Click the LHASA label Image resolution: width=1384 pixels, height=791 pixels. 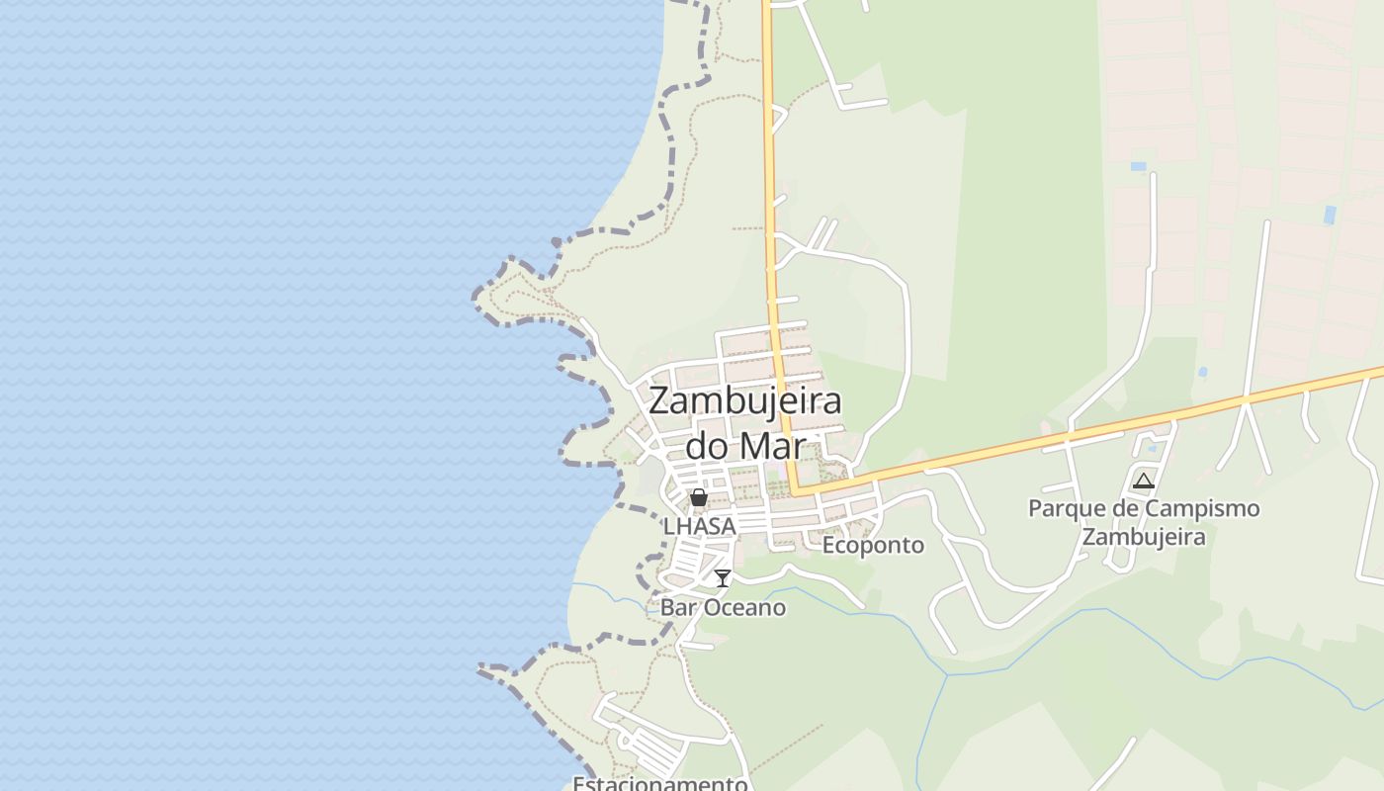tap(700, 526)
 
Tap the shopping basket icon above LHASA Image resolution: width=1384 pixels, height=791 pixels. tap(699, 497)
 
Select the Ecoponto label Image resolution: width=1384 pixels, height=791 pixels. tap(873, 545)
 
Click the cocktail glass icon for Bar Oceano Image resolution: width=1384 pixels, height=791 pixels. tap(723, 577)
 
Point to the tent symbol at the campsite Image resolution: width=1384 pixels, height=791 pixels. tap(1144, 482)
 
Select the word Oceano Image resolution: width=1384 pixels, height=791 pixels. tap(744, 607)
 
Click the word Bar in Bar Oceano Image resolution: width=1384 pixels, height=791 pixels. tap(678, 607)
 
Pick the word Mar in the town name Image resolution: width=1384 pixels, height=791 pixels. tap(773, 445)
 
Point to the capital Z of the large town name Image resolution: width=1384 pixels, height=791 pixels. tap(660, 401)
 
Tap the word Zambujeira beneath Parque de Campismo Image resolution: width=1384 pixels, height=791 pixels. tap(1144, 537)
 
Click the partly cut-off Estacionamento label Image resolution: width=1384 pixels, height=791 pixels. tap(659, 783)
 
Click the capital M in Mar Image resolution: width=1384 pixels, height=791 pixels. tap(753, 445)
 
